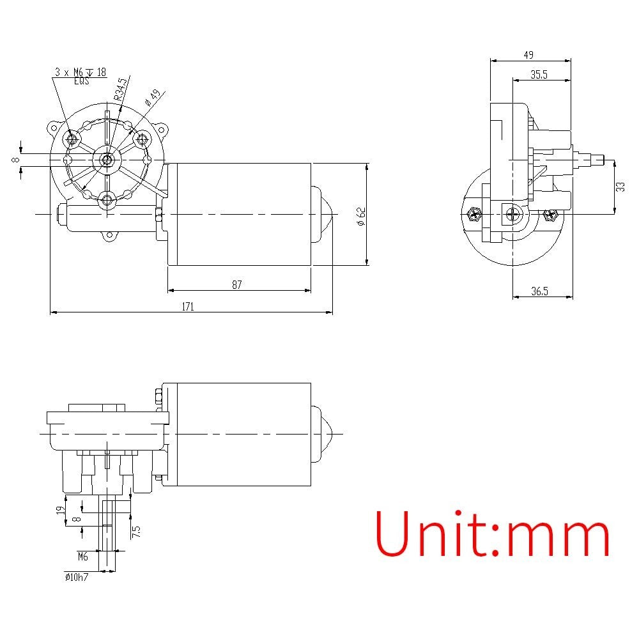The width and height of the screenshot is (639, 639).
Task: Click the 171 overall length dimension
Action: tap(187, 307)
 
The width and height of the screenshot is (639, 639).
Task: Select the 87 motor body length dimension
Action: tap(237, 285)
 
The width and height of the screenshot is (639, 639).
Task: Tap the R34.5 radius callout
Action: tap(121, 88)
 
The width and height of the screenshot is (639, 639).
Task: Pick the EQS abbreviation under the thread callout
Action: tap(81, 81)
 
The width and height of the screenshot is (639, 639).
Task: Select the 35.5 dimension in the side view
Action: tap(539, 74)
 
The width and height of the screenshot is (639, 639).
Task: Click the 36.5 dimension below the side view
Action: tap(539, 291)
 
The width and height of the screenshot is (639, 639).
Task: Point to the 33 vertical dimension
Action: tap(620, 187)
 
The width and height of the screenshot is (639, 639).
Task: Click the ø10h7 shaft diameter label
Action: tap(76, 576)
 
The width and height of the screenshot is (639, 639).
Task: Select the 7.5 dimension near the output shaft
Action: tap(136, 530)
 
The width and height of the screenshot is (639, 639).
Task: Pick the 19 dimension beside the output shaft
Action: tap(59, 510)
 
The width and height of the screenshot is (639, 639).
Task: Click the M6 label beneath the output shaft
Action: tap(82, 556)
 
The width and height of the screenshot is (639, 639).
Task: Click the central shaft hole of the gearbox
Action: tap(107, 158)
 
